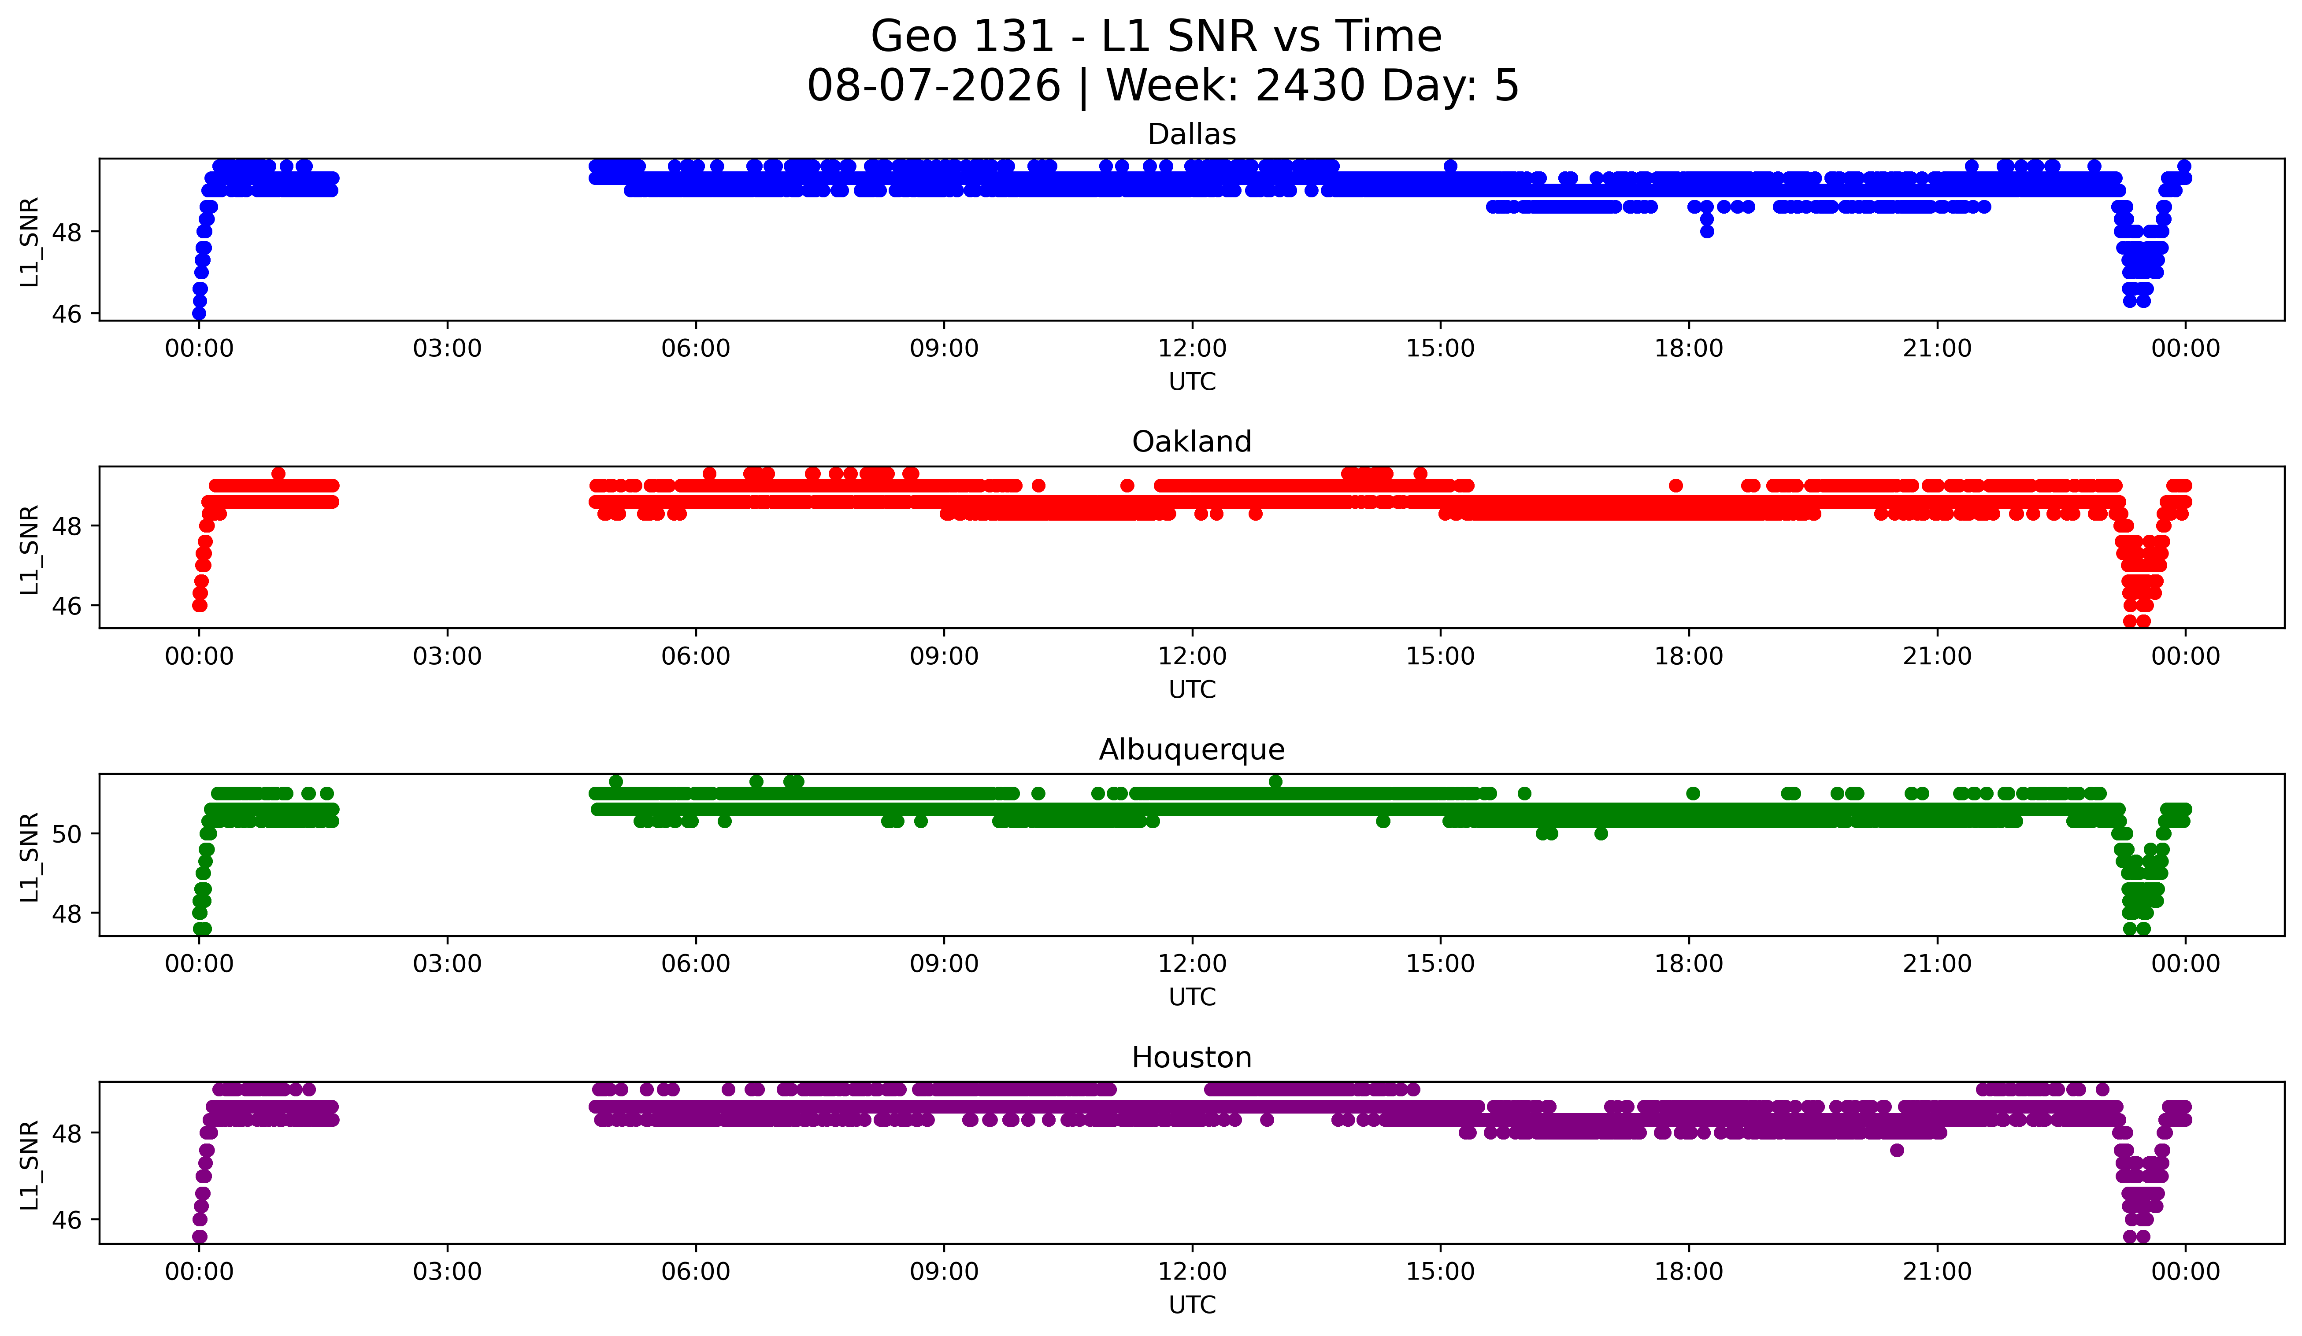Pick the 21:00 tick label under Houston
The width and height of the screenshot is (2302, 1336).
click(1937, 1271)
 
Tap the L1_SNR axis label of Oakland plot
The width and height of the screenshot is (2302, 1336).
click(29, 549)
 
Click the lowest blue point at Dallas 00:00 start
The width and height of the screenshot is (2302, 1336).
click(199, 313)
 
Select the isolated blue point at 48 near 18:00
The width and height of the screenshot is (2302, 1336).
click(1706, 231)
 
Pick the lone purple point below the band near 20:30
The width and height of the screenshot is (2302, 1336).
click(1896, 1150)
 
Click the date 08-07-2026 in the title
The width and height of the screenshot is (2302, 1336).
click(934, 86)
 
